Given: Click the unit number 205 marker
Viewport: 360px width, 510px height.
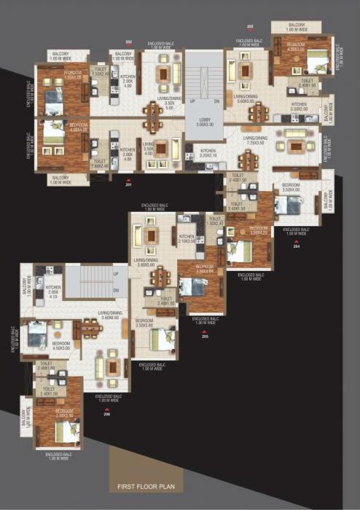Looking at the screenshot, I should coord(205,336).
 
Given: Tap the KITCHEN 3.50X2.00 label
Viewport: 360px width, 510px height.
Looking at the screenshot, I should coord(300,107).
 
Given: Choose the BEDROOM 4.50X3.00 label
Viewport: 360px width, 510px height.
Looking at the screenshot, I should coord(61,345).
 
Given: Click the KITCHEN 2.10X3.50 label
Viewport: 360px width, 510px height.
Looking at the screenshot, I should coord(187,238).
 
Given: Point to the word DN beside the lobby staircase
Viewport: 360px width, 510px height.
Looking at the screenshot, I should coord(216,101).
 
